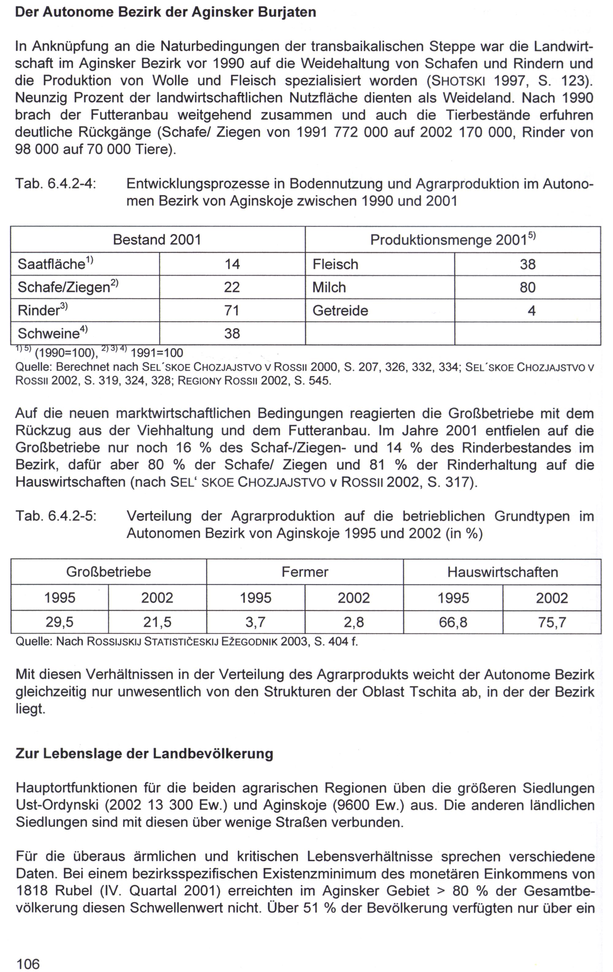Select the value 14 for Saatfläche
pos(232,264)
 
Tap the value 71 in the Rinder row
pos(232,310)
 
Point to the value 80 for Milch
pos(527,287)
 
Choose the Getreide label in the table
pos(340,310)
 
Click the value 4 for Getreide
pos(531,310)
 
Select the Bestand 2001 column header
pos(157,240)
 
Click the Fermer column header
pos(305,572)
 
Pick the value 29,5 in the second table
pos(59,622)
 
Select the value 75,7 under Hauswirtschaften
pos(552,622)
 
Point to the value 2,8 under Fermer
pos(353,622)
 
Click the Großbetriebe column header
pos(109,572)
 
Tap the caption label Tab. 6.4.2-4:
pos(56,184)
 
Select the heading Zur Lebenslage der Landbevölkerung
pos(144,754)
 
